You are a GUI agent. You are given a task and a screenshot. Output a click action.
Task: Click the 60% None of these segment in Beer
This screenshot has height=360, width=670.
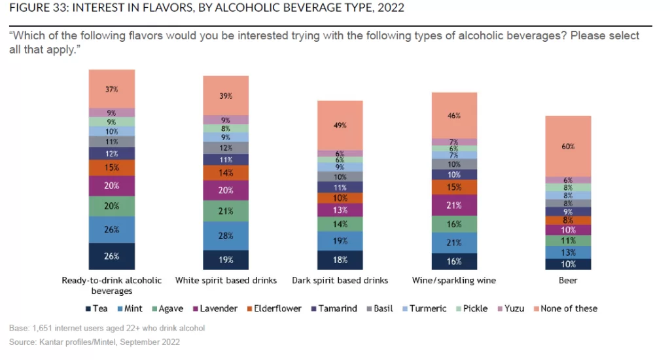[x=568, y=147]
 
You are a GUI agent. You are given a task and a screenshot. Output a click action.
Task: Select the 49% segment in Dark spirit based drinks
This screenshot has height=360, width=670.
[x=340, y=125]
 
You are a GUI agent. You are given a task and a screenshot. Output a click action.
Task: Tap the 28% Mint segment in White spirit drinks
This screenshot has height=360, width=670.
[x=226, y=236]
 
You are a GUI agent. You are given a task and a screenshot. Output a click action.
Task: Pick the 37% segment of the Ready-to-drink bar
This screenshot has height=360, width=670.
[x=112, y=88]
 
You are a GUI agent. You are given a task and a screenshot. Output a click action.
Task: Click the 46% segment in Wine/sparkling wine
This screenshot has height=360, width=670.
[x=453, y=115]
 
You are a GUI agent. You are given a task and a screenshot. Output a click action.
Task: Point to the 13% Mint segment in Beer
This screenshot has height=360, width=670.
[x=568, y=253]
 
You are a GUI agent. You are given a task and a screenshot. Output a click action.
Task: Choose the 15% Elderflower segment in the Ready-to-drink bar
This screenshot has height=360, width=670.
[x=112, y=168]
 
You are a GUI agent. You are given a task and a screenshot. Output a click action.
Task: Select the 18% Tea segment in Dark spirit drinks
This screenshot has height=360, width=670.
[x=340, y=260]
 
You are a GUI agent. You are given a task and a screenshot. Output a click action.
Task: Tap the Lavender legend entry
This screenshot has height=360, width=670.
[x=214, y=308]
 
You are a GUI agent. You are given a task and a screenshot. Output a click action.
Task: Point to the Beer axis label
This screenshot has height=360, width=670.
[x=568, y=280]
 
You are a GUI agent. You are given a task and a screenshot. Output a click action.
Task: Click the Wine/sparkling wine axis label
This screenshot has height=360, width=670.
[x=453, y=280]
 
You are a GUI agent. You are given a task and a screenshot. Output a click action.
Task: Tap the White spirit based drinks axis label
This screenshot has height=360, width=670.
[x=226, y=280]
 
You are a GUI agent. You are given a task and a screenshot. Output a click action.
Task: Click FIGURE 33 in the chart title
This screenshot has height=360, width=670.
[x=37, y=8]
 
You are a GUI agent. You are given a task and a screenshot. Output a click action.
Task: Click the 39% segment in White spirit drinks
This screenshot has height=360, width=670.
[x=226, y=96]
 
